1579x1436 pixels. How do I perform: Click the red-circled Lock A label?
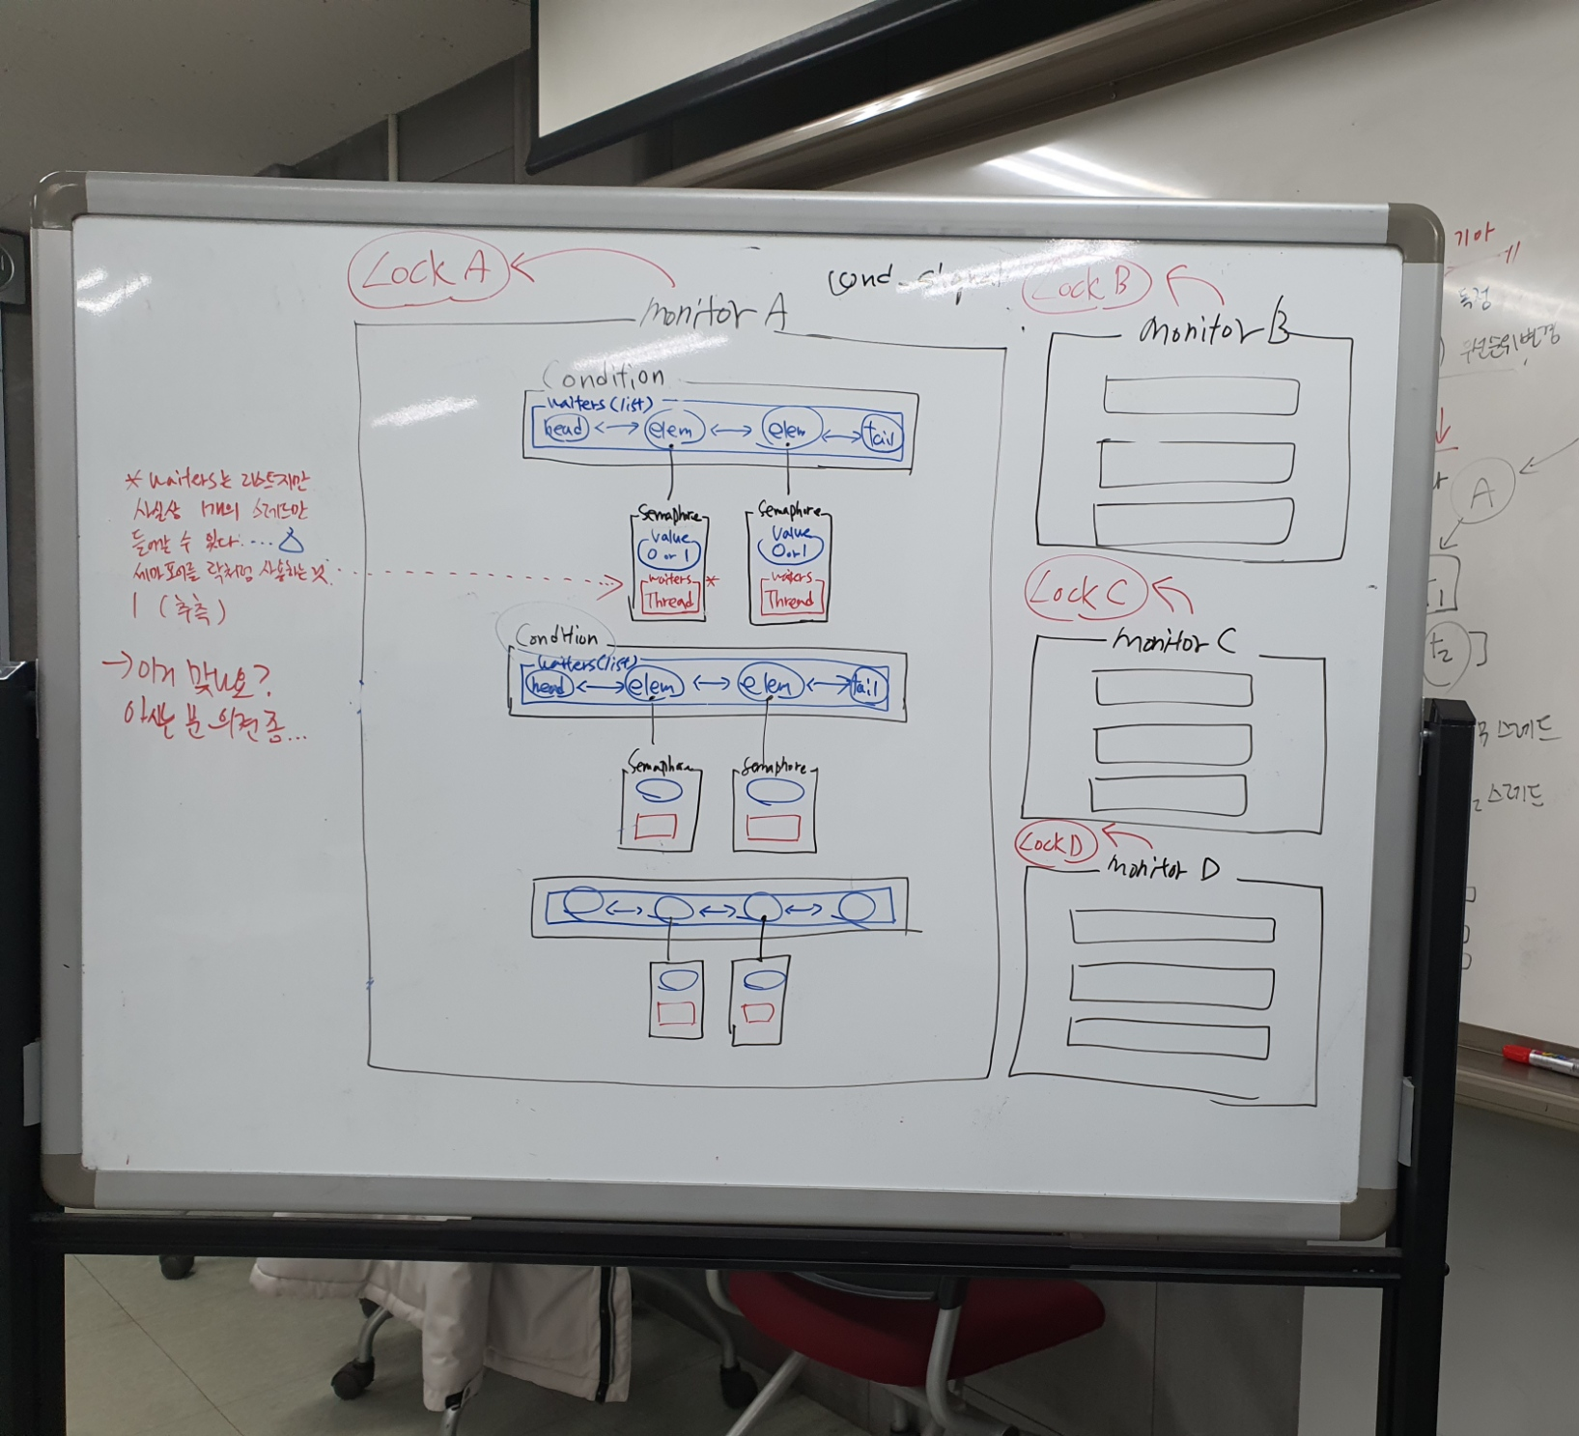click(x=428, y=270)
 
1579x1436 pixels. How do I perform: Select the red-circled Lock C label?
click(x=1085, y=591)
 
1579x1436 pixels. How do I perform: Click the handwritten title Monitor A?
click(x=714, y=311)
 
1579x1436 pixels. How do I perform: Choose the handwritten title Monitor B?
click(x=1213, y=331)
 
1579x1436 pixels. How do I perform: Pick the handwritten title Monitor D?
click(x=1163, y=868)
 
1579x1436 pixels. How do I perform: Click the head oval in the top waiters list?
click(x=565, y=427)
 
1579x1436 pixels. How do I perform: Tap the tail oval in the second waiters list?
click(x=867, y=687)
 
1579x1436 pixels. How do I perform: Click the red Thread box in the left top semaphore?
click(x=669, y=600)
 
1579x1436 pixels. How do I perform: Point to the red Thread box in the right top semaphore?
click(x=789, y=599)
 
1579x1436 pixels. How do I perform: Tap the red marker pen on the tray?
click(x=1540, y=1058)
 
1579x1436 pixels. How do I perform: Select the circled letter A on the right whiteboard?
click(x=1482, y=493)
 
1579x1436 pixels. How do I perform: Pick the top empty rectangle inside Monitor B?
click(x=1200, y=396)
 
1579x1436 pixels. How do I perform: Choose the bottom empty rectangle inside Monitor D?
click(x=1168, y=1038)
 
